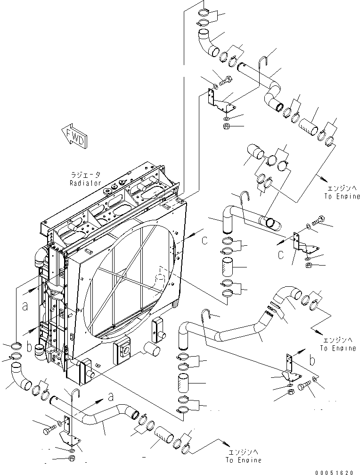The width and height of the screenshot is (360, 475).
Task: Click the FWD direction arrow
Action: (74, 137)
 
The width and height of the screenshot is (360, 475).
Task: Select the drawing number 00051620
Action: (335, 470)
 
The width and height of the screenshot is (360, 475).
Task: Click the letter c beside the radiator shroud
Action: (203, 240)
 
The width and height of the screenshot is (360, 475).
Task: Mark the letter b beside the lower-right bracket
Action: (311, 360)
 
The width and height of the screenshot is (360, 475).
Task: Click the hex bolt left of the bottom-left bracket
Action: (49, 431)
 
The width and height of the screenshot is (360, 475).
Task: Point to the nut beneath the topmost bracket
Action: (226, 127)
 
